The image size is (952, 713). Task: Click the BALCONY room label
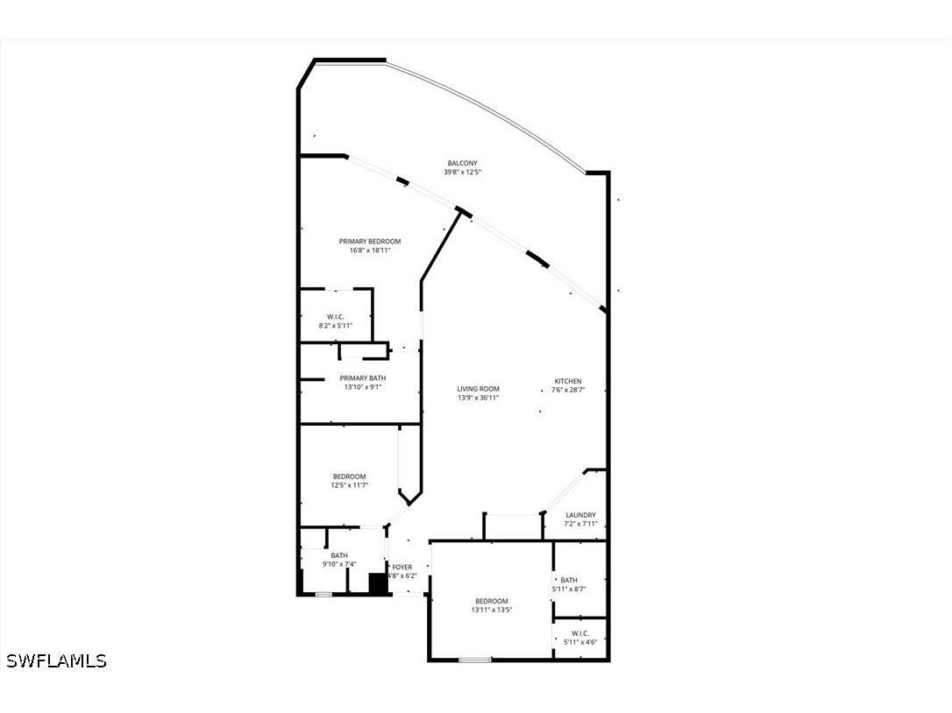point(462,163)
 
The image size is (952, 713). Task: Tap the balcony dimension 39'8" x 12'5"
point(462,173)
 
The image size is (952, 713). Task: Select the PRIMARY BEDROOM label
point(370,241)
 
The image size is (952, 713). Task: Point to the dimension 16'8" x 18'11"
point(370,251)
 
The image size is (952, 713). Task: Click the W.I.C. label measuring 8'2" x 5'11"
point(335,316)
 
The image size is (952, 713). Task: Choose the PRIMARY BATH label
point(363,378)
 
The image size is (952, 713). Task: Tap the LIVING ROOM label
point(478,389)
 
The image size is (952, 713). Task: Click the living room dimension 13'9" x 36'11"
point(478,399)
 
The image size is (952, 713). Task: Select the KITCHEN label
point(568,381)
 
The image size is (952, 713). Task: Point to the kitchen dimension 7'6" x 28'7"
point(568,391)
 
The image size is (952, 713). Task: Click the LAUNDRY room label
point(581,515)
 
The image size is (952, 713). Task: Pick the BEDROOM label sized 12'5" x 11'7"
point(349,476)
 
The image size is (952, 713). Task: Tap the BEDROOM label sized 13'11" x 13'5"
point(491,601)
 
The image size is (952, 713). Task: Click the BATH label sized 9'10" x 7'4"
point(339,555)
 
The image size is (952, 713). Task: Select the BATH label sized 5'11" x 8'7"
point(569,580)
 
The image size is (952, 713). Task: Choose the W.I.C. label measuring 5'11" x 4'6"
point(579,632)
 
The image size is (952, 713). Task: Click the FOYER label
point(402,567)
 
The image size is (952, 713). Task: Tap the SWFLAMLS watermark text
point(56,661)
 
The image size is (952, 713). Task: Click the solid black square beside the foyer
point(378,583)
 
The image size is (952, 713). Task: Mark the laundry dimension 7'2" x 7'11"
point(581,525)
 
